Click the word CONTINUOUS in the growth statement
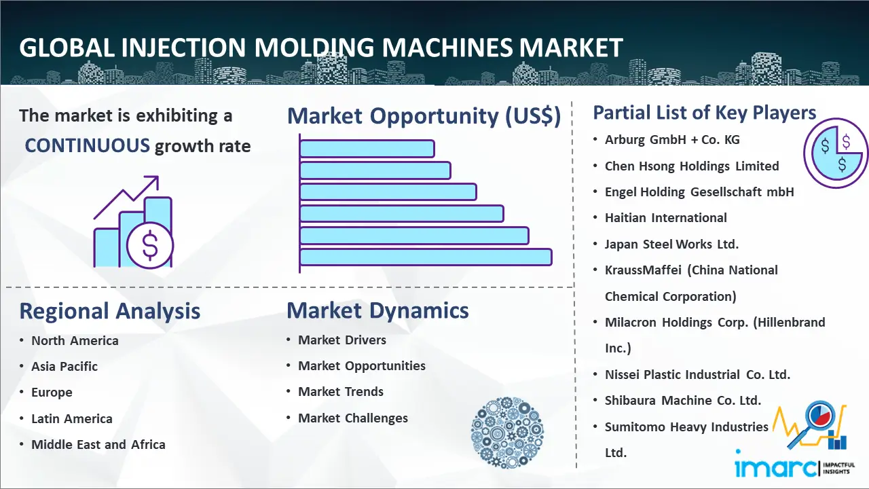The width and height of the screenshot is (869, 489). [x=88, y=146]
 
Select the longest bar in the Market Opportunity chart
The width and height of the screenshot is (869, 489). [x=426, y=257]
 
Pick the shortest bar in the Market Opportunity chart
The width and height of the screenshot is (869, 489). [x=367, y=149]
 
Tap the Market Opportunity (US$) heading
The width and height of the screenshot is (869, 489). [x=424, y=116]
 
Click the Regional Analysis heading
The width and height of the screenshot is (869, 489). [x=110, y=311]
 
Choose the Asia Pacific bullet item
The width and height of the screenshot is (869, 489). [x=64, y=366]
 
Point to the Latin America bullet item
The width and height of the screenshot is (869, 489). [x=72, y=419]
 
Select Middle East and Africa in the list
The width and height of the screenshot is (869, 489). [x=98, y=444]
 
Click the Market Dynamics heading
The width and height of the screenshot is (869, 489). [x=377, y=310]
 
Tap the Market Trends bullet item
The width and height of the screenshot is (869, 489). [x=341, y=392]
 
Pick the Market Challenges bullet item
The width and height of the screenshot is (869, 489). [x=352, y=418]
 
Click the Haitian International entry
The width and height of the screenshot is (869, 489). [x=666, y=218]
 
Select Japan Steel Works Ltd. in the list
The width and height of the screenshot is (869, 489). [x=671, y=244]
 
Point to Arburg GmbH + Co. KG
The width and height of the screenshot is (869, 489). [x=672, y=140]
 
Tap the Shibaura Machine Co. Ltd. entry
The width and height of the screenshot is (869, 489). [x=683, y=400]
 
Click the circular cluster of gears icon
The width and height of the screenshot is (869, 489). [x=507, y=432]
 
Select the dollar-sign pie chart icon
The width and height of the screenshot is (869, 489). [x=836, y=153]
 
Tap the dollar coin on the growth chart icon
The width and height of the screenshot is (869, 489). [x=150, y=245]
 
